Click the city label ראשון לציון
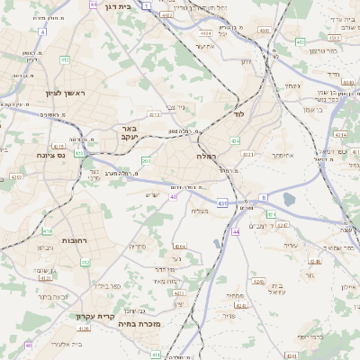pos(62,93)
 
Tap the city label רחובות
pos(74,241)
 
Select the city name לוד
pos(238,114)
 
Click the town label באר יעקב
pos(130,132)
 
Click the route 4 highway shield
pos(42,31)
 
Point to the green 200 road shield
pos(146,160)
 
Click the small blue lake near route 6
pos(289,200)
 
